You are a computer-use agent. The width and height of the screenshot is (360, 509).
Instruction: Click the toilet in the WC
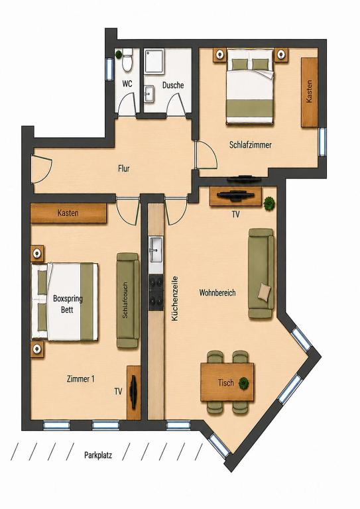[127, 60]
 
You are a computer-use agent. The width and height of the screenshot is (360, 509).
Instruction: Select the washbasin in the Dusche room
[149, 94]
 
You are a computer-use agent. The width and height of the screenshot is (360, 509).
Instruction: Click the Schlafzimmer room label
[251, 144]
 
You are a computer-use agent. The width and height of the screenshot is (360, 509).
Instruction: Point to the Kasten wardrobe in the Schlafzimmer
[310, 92]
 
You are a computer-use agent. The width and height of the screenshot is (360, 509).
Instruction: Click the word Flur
[124, 168]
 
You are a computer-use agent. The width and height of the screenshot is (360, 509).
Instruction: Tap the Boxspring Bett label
[68, 304]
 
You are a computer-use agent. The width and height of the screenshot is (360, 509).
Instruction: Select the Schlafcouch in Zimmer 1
[127, 300]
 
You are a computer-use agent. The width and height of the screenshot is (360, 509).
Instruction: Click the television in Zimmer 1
[133, 392]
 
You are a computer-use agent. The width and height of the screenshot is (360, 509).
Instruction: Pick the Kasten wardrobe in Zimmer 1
[68, 213]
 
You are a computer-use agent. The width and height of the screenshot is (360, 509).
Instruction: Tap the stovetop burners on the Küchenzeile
[156, 292]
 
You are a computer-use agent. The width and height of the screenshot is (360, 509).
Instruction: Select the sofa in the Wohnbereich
[261, 273]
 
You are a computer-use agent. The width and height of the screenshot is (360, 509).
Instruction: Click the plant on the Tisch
[244, 383]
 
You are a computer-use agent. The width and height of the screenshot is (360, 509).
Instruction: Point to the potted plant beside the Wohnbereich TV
[269, 203]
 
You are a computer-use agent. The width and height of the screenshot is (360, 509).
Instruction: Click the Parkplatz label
[98, 455]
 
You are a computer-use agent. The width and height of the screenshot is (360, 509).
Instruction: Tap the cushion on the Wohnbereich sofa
[265, 291]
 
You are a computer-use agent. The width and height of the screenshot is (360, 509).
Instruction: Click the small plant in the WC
[119, 54]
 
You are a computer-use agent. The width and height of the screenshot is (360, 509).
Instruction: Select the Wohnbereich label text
[217, 292]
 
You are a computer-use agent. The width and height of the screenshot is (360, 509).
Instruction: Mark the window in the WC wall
[109, 69]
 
